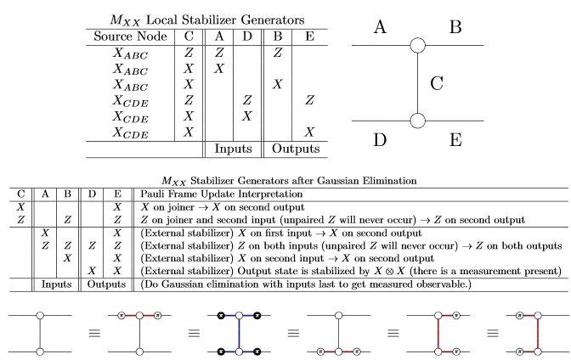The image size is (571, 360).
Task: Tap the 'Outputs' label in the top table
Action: click(295, 149)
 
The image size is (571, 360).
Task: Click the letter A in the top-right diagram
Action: click(380, 28)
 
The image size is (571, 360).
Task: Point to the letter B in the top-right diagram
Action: click(455, 28)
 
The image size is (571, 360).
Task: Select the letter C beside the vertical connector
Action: click(437, 84)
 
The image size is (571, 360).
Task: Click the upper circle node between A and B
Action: click(417, 46)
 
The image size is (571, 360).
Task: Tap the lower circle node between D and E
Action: click(417, 120)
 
